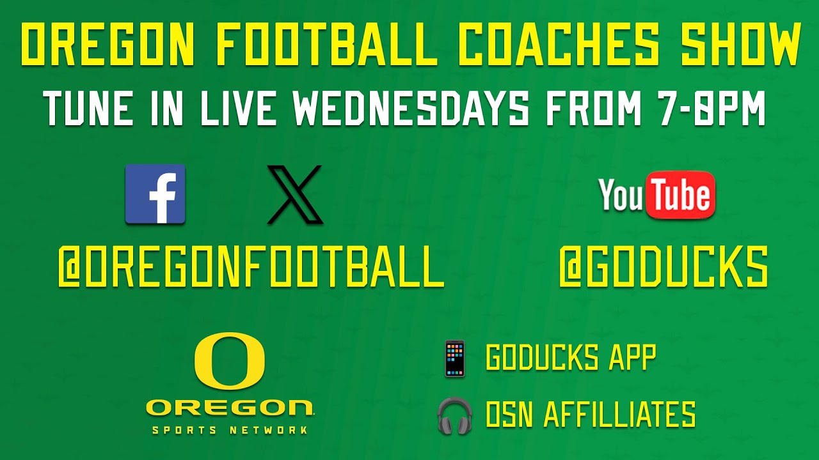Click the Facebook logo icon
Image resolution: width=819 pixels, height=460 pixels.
(155, 194)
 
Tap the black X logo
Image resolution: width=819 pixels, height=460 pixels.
(295, 194)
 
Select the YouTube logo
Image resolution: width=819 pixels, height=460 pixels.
(656, 194)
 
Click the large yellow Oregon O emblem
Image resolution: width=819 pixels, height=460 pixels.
(230, 361)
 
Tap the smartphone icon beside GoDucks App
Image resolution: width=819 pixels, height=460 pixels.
(455, 358)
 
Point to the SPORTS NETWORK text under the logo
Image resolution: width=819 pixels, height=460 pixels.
(230, 430)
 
